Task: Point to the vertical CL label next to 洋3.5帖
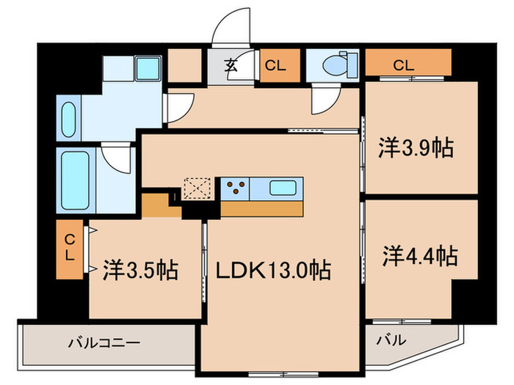click(x=69, y=248)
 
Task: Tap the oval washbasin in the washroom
click(x=68, y=119)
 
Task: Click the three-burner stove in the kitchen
click(x=235, y=188)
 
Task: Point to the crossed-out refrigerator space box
click(x=197, y=189)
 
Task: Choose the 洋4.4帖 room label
click(x=419, y=256)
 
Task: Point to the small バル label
click(x=392, y=340)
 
